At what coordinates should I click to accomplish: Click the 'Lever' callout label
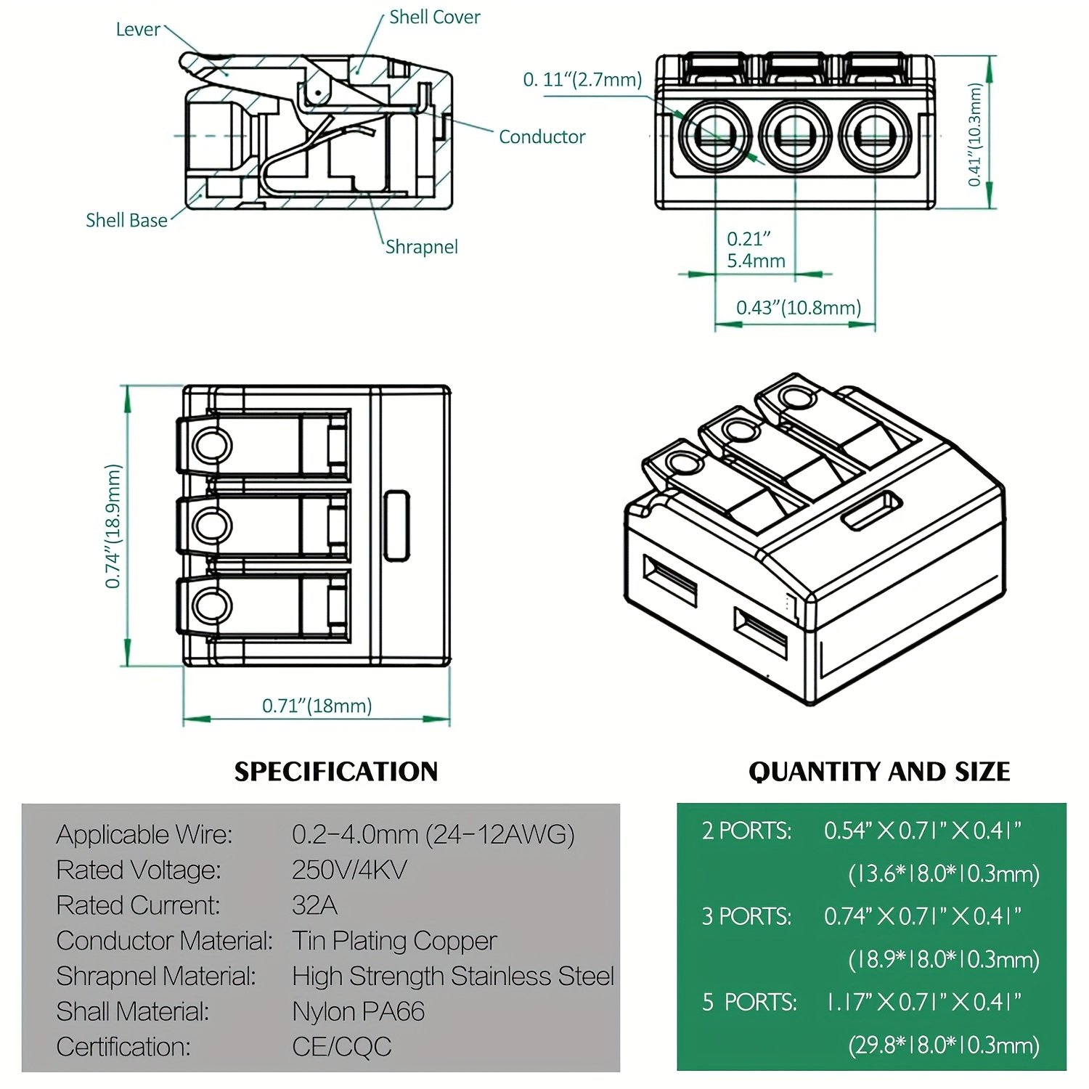tap(138, 30)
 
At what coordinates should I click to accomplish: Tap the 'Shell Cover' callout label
tap(434, 17)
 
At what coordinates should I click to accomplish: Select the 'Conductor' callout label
tap(542, 137)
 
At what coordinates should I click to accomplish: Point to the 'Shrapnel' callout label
tap(421, 247)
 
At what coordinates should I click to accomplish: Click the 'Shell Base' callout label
tap(126, 221)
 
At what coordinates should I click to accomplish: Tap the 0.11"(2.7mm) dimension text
tap(582, 80)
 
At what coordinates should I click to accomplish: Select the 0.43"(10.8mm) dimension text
tap(798, 308)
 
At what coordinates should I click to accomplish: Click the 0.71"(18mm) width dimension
tap(317, 706)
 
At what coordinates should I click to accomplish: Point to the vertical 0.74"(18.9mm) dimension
tap(113, 526)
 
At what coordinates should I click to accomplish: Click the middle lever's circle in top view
tap(212, 525)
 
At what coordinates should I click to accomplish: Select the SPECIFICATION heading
tap(335, 772)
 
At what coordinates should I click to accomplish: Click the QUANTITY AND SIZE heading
tap(878, 772)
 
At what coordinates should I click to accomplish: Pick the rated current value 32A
tap(314, 905)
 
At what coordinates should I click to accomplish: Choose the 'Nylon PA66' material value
tap(358, 1011)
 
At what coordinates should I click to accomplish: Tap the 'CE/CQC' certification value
tap(341, 1047)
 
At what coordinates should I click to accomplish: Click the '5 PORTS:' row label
tap(749, 1003)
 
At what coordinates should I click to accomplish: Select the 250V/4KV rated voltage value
tap(349, 870)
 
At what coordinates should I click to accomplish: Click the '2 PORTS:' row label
tap(746, 831)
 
